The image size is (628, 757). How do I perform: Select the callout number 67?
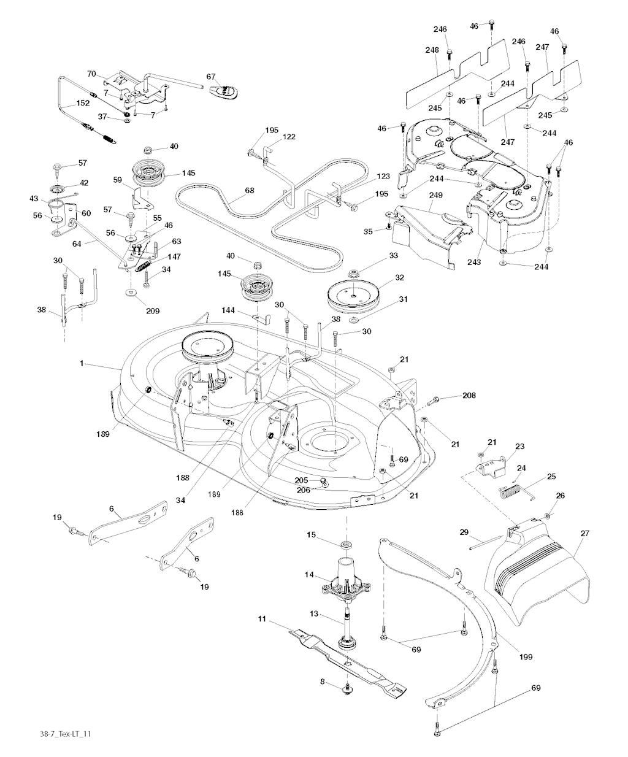point(211,77)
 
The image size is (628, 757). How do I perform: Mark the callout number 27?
point(584,533)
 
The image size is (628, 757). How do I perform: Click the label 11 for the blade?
point(262,620)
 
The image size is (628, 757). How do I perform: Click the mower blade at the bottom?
point(343,663)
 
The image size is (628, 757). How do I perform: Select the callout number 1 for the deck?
point(81,364)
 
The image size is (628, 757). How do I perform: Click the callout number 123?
point(383,176)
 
